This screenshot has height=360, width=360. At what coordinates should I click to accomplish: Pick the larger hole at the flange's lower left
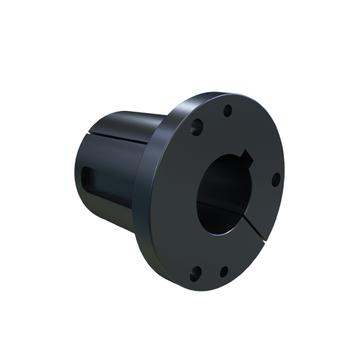tap(195, 274)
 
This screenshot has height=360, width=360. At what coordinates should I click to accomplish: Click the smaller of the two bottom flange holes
tap(223, 271)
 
